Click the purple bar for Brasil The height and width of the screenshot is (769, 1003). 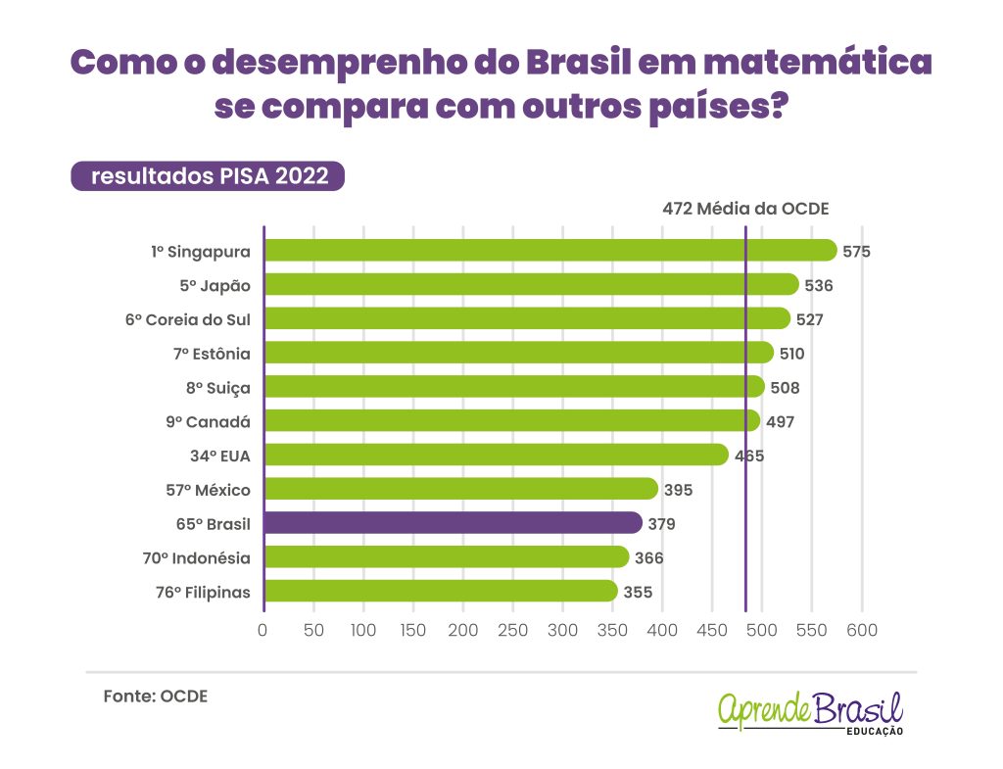453,523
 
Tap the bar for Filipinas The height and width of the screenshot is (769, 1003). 441,592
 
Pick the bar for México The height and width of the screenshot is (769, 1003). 460,489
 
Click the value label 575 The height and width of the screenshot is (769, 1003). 856,252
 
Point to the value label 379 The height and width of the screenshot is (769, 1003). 661,524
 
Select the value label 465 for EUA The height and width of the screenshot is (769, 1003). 749,456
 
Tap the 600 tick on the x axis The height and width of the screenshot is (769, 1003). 862,630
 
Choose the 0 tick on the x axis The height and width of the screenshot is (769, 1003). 263,630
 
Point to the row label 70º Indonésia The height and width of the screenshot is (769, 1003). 196,558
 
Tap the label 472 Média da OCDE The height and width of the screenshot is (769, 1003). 745,209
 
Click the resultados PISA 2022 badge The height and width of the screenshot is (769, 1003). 208,176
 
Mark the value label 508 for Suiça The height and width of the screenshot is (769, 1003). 785,388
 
